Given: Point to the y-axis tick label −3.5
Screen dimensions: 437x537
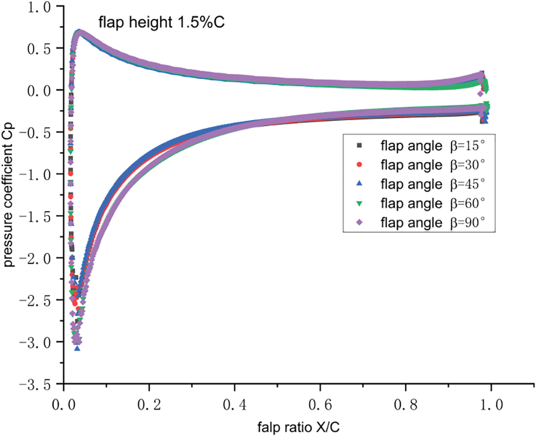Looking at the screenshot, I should [37, 384].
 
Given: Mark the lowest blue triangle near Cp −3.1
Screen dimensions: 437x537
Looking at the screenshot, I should [77, 348].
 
